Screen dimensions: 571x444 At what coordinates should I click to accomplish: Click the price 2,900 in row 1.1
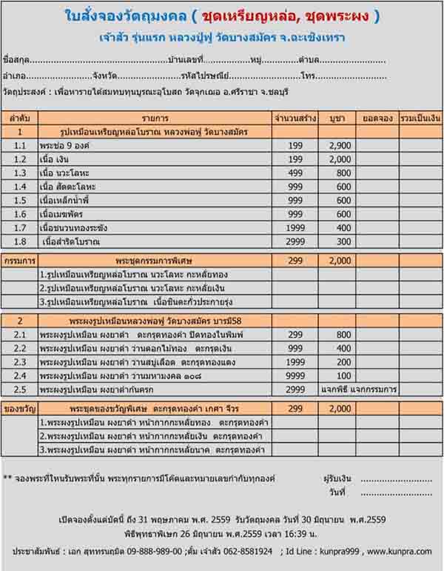tap(340, 146)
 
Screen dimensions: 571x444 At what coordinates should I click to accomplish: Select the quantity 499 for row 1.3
tap(295, 173)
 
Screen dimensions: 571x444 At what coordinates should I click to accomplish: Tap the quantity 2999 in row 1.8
tap(295, 241)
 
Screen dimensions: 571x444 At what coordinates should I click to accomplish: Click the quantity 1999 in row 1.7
tap(295, 227)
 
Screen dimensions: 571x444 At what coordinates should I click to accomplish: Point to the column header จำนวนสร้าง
tap(295, 118)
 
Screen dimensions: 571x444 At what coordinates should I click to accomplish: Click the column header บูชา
tap(340, 118)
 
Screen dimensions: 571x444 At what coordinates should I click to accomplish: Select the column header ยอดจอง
tap(377, 118)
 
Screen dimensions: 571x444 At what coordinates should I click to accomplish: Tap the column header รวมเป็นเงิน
tap(420, 118)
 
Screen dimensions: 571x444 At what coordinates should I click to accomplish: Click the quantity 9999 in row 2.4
tap(295, 375)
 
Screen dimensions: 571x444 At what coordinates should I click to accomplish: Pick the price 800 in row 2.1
tap(340, 335)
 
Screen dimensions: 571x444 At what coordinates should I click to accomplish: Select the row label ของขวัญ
tap(20, 409)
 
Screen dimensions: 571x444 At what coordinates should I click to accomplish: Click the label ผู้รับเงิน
tap(339, 478)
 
